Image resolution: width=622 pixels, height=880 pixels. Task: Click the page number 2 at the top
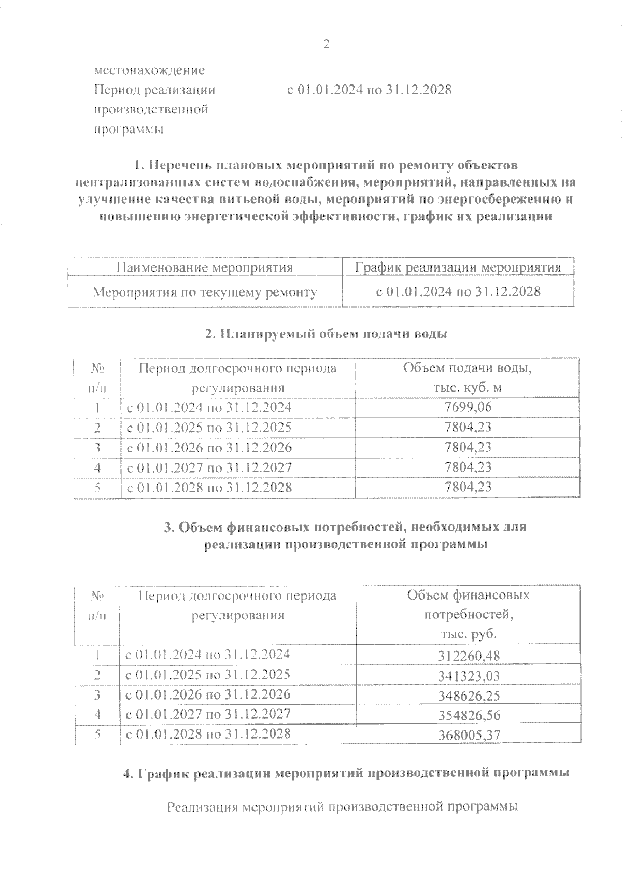[326, 45]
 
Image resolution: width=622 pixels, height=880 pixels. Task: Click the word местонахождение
[149, 70]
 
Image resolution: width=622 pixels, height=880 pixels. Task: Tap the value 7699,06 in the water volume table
[468, 407]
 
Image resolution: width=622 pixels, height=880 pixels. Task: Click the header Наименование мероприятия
[205, 267]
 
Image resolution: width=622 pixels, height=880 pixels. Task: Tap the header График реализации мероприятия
[458, 267]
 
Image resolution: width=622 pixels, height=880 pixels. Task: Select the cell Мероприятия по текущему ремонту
[205, 292]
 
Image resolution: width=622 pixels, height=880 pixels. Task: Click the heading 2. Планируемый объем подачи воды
[326, 334]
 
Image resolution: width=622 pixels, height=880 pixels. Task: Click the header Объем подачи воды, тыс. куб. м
[468, 378]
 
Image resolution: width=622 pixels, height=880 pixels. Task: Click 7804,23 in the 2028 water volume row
[468, 487]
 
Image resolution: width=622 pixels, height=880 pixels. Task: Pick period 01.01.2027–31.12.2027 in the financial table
[208, 714]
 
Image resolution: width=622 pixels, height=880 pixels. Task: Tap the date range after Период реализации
[369, 90]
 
